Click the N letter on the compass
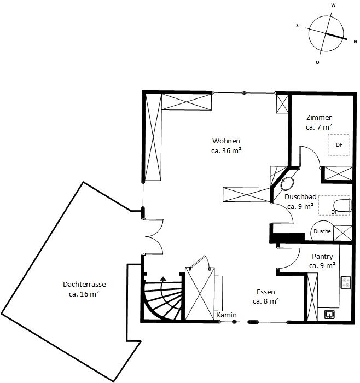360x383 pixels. coord(356,42)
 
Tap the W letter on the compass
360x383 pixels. coord(333,5)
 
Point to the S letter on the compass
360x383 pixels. coord(297,25)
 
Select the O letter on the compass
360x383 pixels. coord(317,62)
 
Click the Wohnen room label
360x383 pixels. coord(226,141)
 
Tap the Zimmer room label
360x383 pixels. coord(319,118)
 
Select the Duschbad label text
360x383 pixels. coord(301,196)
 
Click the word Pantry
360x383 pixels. coord(322,257)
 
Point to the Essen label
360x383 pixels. coord(266,292)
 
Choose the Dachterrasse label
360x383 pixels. coord(84,285)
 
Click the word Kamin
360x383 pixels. coord(227,315)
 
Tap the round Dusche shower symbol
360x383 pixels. coord(322,231)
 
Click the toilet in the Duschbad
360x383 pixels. coord(342,205)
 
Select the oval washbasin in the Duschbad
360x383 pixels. coord(287,184)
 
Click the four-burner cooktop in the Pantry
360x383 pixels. coord(346,283)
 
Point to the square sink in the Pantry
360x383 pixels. coord(329,315)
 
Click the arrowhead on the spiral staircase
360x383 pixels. coord(163,279)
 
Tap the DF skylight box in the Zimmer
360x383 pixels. coord(339,145)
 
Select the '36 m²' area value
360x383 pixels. coord(232,150)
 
